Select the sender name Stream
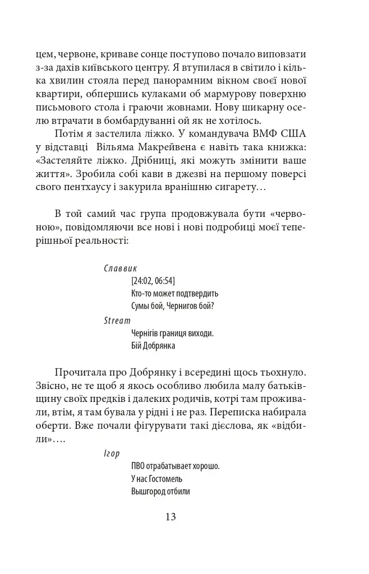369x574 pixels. coord(117,321)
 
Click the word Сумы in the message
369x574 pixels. coord(140,305)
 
